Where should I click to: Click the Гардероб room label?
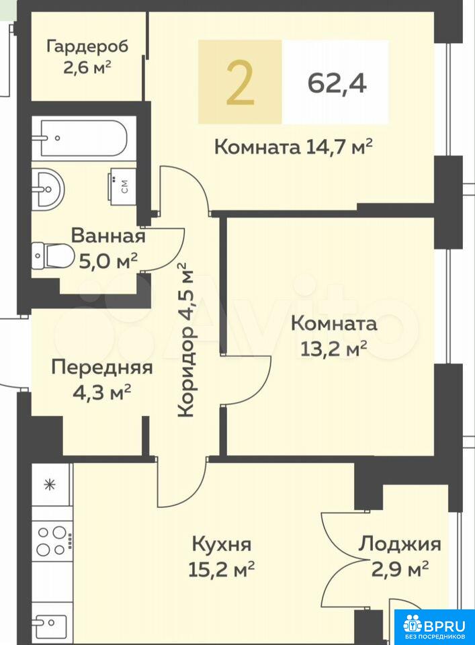87,46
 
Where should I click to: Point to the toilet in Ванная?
52,256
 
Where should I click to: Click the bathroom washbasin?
48,188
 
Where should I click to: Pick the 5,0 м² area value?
108,261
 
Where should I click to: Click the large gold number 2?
240,82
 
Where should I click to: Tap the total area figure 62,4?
337,83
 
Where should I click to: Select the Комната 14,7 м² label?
293,146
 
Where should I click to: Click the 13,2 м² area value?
334,349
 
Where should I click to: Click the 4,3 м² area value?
101,392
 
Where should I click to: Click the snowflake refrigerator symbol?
50,484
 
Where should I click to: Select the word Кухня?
222,545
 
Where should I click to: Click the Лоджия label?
399,545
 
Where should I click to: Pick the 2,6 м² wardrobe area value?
87,67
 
